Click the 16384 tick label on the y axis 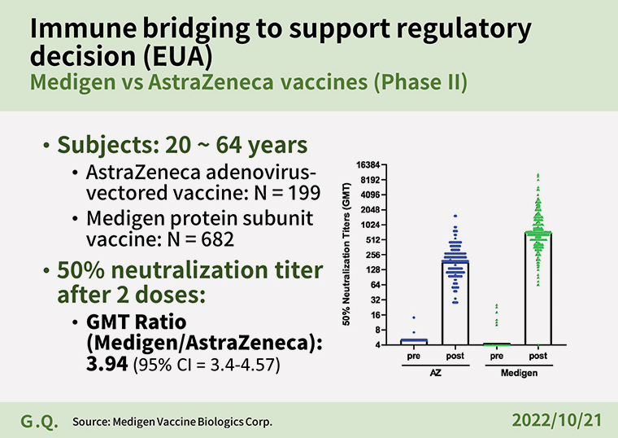tap(368, 165)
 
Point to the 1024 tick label tap(371, 225)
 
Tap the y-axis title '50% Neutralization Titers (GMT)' tap(346, 255)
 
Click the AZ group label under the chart tap(436, 373)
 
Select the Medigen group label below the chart tap(519, 373)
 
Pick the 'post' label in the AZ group tap(455, 356)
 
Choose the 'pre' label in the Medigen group tap(497, 356)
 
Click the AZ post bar tap(455, 303)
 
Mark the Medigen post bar tap(538, 289)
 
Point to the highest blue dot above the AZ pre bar tap(414, 318)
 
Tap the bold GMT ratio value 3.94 tap(107, 363)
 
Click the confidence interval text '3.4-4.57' tap(243, 364)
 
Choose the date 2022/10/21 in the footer tap(557, 420)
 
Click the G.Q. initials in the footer tap(39, 422)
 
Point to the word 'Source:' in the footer tap(91, 422)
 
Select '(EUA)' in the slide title tap(177, 56)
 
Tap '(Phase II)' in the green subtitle tap(420, 82)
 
